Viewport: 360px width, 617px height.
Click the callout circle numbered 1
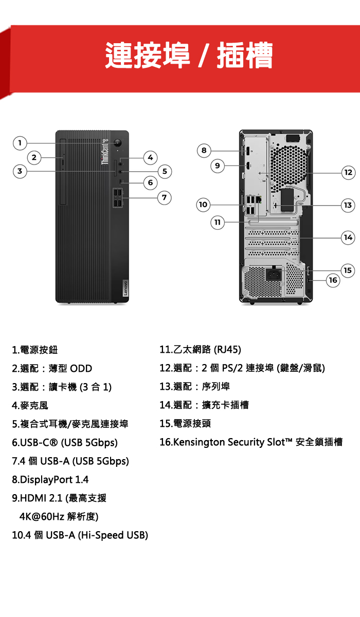[19, 142]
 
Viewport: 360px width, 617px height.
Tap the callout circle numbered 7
[164, 197]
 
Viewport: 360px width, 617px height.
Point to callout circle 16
[333, 280]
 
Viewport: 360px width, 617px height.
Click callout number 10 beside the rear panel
[203, 205]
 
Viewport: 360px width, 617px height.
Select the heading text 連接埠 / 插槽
[189, 55]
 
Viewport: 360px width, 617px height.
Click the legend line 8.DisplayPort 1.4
[50, 480]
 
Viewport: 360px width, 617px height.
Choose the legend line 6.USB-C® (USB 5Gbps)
[65, 442]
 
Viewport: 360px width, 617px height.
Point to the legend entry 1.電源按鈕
[35, 350]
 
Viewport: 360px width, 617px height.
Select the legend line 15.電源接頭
[185, 423]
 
